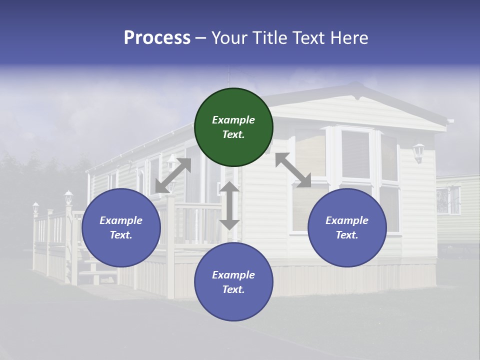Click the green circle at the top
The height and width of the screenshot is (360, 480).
tap(233, 127)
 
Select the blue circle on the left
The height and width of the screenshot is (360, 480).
tap(121, 228)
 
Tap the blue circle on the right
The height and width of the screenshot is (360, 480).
tap(347, 228)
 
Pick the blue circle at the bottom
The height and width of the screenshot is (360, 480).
tap(233, 282)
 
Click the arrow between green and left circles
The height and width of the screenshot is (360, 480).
tap(173, 175)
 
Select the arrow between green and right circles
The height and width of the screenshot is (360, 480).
tap(293, 170)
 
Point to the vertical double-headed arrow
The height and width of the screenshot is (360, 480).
tap(229, 205)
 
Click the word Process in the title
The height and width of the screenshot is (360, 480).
tap(157, 38)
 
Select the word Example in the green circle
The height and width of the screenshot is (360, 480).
tap(233, 120)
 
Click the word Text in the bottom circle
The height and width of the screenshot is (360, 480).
tap(232, 289)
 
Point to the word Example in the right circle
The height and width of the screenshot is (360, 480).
tap(347, 220)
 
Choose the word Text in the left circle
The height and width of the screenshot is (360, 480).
tap(120, 235)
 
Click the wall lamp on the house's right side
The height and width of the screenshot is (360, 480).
tap(418, 152)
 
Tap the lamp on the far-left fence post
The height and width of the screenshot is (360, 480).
tap(35, 207)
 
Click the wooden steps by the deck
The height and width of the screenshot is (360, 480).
tap(97, 272)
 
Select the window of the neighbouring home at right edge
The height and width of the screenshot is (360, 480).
tap(448, 200)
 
